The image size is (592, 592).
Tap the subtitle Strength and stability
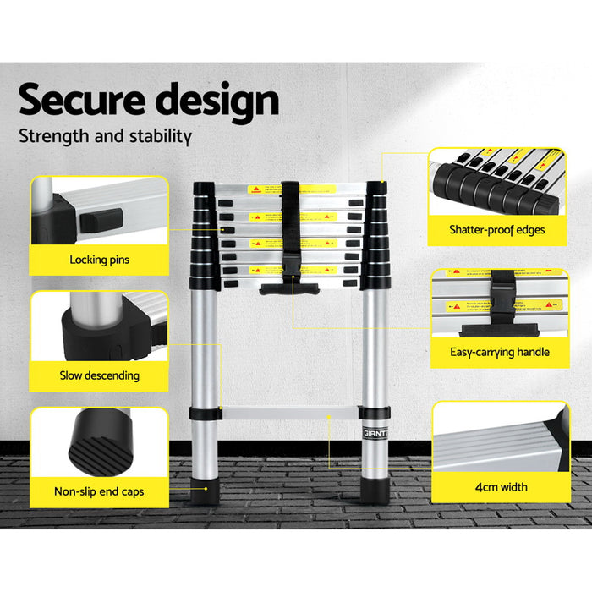tap(105, 135)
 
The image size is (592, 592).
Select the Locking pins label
tap(99, 260)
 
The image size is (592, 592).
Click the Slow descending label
tap(99, 375)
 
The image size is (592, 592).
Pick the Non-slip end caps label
tap(99, 490)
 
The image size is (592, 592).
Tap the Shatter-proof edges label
tap(498, 229)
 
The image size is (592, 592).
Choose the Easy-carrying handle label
tap(499, 352)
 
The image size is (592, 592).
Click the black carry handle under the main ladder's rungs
tap(290, 290)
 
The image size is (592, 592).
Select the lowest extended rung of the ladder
tap(290, 414)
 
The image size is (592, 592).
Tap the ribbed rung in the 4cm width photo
tap(499, 440)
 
